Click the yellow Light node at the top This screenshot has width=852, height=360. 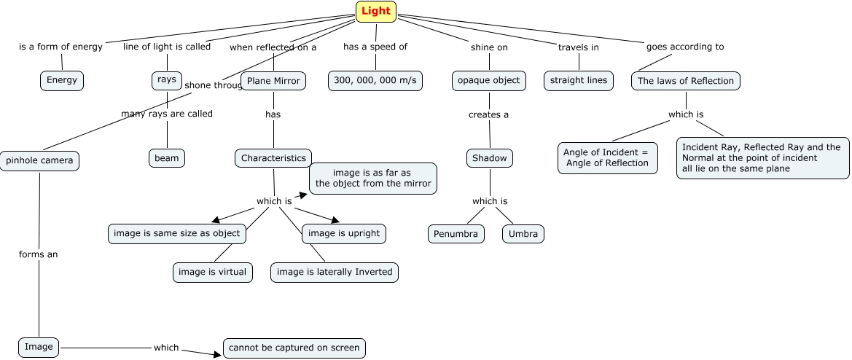coord(376,11)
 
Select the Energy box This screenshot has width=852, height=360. coord(62,80)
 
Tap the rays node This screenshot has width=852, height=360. coord(167,80)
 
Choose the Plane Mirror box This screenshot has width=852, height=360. coord(273,81)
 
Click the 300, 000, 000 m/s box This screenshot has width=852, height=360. coord(375,81)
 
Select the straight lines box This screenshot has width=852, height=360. coord(579,80)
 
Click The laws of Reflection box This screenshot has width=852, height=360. coord(685,81)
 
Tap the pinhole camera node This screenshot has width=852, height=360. coord(39,160)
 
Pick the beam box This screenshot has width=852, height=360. coord(167,157)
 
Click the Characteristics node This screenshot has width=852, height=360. coord(273,157)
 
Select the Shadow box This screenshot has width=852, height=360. coord(489,157)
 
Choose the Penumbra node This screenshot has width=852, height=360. coord(456,234)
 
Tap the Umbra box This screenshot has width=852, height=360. coord(523,234)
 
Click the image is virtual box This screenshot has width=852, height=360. coord(213,273)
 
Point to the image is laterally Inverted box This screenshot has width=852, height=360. coord(335,273)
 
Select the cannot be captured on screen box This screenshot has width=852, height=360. coord(294,348)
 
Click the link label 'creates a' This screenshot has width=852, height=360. coord(489,114)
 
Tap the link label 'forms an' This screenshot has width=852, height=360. coord(39,254)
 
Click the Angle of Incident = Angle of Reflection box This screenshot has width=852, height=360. coord(608,157)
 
